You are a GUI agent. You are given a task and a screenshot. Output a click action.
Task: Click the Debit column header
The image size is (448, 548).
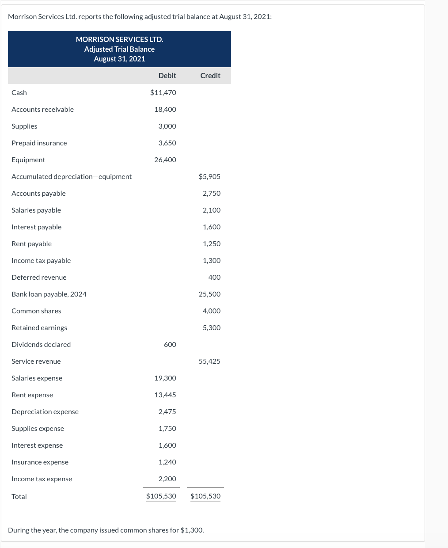(167, 76)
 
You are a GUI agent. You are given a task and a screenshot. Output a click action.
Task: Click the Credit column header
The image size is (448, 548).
(210, 76)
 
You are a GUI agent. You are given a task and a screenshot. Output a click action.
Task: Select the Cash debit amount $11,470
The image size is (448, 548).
(163, 92)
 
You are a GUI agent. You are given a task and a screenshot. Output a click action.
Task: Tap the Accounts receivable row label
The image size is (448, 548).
(42, 109)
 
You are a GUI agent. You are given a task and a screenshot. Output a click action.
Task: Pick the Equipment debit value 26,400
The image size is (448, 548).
(165, 160)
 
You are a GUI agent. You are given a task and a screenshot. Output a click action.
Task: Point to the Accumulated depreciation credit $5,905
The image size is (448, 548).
(209, 176)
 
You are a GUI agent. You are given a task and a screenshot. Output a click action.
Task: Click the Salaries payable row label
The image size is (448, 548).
(36, 210)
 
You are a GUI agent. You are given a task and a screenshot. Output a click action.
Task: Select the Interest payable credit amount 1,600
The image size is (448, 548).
(212, 227)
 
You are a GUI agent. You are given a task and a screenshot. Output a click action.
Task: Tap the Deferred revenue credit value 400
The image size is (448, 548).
(214, 277)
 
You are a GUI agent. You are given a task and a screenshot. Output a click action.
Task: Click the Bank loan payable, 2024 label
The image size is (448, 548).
(49, 294)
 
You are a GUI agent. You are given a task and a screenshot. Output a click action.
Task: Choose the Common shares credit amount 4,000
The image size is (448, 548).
(212, 311)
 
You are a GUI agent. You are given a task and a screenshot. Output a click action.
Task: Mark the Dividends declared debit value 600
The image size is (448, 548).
(170, 344)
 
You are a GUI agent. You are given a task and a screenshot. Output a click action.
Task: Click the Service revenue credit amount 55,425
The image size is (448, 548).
(209, 361)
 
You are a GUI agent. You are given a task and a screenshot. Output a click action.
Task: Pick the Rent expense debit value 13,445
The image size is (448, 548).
(165, 395)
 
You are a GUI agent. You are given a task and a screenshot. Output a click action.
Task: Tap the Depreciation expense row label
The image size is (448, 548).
(45, 411)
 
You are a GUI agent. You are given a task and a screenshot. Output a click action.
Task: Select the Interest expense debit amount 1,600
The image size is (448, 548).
(167, 445)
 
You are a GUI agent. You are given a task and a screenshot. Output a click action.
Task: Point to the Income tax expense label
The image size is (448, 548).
(42, 479)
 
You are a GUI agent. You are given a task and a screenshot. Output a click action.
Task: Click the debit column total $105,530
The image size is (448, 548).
(161, 496)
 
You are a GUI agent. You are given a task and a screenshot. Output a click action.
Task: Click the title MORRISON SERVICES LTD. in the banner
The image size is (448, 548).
(119, 39)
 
